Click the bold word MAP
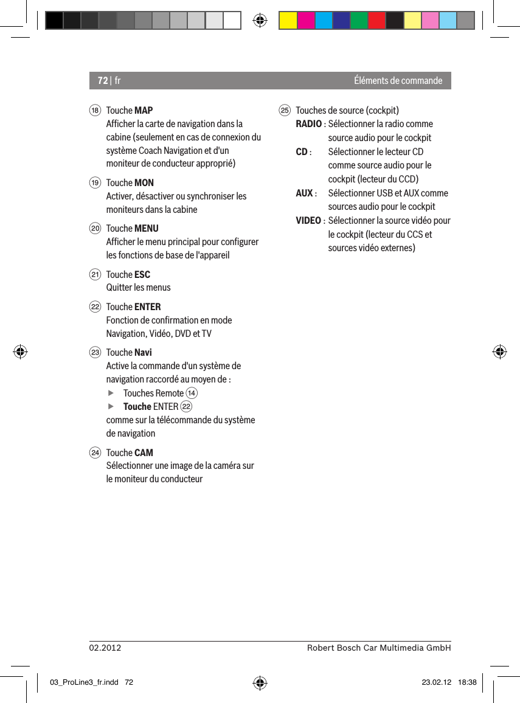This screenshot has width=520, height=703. pyautogui.click(x=144, y=111)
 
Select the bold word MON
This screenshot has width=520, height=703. pyautogui.click(x=144, y=183)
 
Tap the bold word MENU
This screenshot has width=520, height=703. pyautogui.click(x=146, y=229)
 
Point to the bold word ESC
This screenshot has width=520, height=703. pyautogui.click(x=142, y=275)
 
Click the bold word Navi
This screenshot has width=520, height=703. pyautogui.click(x=143, y=353)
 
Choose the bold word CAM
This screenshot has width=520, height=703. pyautogui.click(x=144, y=453)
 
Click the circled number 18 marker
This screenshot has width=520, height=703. pyautogui.click(x=95, y=111)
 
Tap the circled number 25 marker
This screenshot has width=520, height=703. pyautogui.click(x=284, y=111)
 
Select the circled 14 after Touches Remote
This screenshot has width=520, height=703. pyautogui.click(x=192, y=393)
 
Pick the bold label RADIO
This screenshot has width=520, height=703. pyautogui.click(x=309, y=124)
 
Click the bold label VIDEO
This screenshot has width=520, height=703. pyautogui.click(x=309, y=221)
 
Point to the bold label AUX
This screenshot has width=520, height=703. pyautogui.click(x=304, y=193)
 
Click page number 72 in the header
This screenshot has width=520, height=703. pyautogui.click(x=103, y=81)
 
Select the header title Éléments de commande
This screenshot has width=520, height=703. pyautogui.click(x=398, y=81)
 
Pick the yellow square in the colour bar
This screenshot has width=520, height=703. pyautogui.click(x=288, y=21)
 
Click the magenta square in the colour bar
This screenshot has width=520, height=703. pyautogui.click(x=305, y=21)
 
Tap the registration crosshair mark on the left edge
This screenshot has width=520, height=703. pyautogui.click(x=19, y=351)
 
